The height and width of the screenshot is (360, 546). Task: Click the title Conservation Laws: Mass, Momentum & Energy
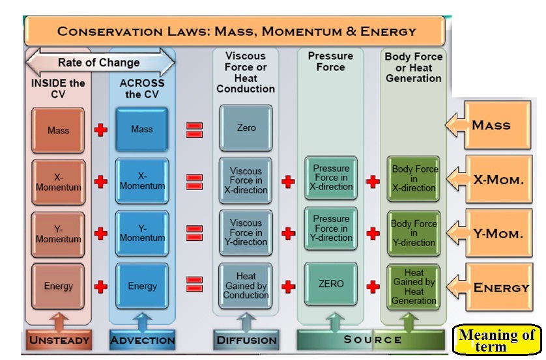coord(235,31)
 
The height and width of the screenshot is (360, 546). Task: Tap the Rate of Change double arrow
coord(99,63)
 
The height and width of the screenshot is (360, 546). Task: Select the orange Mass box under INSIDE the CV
coord(58,130)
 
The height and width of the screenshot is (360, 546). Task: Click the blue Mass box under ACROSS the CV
coord(142,129)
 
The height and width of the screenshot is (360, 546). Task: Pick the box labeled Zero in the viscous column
coord(246,128)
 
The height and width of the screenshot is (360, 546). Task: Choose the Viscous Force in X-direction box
coord(246,181)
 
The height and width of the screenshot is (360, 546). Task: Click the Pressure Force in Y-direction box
coord(331,228)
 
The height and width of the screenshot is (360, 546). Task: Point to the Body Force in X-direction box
coord(414,178)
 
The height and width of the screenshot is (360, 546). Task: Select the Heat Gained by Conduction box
coord(246,286)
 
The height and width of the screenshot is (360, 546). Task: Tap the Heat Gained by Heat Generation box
coord(414,287)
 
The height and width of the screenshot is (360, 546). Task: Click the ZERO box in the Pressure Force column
coord(331,284)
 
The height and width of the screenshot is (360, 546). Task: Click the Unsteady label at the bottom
coord(59,340)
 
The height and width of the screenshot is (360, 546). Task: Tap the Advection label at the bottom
coord(143,340)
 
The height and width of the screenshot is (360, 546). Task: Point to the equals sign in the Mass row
coord(194,130)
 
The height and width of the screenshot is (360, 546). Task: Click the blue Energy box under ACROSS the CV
coord(142,286)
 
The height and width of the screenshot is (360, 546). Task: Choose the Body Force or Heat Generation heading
coord(414,68)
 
